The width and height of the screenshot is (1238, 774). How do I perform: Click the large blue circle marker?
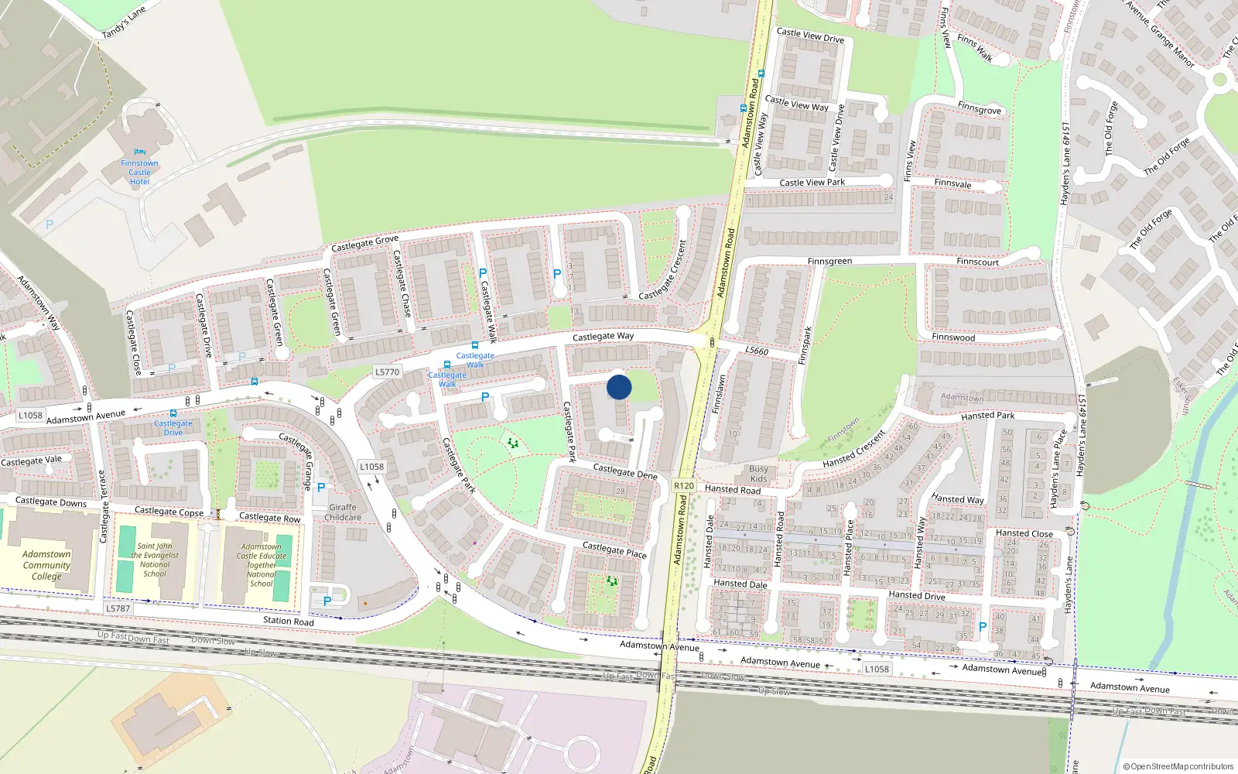coord(619,387)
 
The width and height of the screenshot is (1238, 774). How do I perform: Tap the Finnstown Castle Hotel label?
coord(139,172)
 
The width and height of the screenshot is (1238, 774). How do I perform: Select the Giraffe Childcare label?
coord(343,512)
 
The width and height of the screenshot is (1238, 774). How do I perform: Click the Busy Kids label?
coord(759,474)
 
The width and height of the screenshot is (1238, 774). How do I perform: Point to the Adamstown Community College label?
coord(46,565)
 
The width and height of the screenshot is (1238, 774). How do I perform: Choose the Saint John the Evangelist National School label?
coord(155,560)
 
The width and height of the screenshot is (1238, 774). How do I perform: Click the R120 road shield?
coord(684,486)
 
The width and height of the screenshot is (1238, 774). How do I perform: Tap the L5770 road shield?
coord(387,372)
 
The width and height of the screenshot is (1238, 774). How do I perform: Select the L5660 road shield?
coord(757,351)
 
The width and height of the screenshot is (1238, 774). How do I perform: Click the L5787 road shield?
coord(118,608)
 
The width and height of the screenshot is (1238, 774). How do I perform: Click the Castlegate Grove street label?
coord(364,243)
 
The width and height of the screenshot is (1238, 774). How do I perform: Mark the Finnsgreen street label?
coord(829,262)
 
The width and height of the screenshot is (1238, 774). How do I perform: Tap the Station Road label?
coord(289,621)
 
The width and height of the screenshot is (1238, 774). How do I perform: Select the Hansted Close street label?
coord(1024,533)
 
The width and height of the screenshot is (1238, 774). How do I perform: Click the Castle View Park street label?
coord(812,183)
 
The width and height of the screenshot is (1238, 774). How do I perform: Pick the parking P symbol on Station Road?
coord(327,601)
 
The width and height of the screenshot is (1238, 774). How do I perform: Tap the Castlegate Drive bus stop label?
coord(173,427)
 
